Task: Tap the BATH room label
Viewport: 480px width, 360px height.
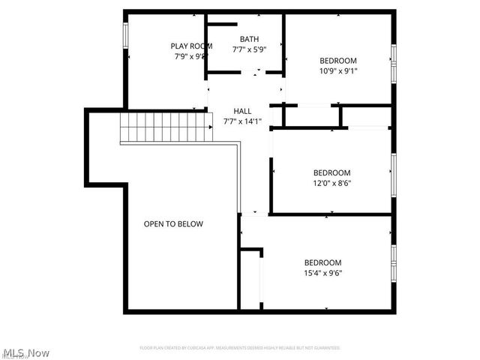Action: (x=249, y=40)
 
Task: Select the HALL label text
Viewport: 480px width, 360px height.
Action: (x=242, y=110)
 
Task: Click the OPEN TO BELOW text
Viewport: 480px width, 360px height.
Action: (x=173, y=223)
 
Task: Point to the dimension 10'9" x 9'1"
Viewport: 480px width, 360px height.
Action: (x=338, y=71)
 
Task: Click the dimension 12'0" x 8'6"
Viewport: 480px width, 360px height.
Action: (x=331, y=182)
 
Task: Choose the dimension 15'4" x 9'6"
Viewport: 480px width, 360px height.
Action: (x=322, y=273)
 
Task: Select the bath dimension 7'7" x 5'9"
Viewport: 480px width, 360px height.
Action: (x=249, y=50)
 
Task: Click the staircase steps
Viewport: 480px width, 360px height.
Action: (x=163, y=127)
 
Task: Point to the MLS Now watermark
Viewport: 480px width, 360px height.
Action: (x=25, y=352)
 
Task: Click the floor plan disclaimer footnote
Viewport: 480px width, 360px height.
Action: (x=240, y=348)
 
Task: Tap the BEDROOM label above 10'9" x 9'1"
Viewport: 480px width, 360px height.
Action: (x=338, y=61)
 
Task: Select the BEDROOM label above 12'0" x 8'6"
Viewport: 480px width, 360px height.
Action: (x=331, y=172)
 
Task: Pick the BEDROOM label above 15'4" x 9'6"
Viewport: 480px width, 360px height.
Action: (x=322, y=262)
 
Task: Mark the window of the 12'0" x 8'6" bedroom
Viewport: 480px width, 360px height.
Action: (x=393, y=174)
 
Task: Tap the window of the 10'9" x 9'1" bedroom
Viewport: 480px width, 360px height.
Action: (x=393, y=64)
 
